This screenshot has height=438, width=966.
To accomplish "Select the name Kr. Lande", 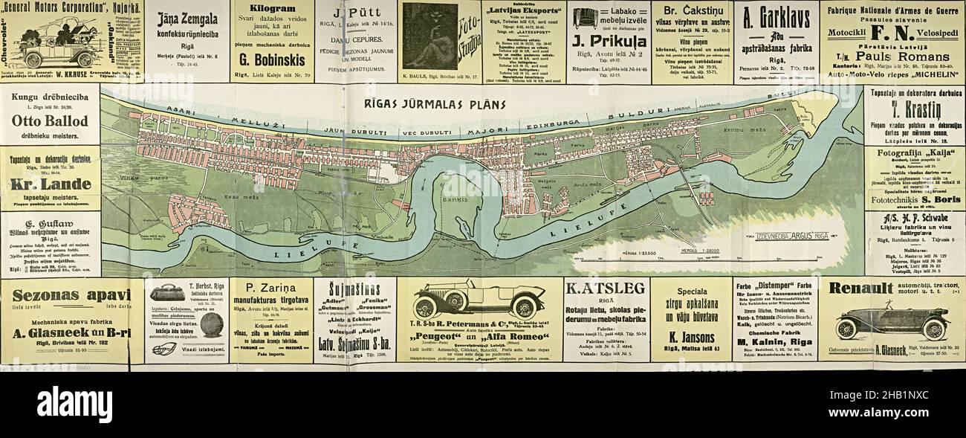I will pyautogui.click(x=50, y=184).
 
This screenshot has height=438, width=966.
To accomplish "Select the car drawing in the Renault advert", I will pyautogui.click(x=892, y=321).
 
